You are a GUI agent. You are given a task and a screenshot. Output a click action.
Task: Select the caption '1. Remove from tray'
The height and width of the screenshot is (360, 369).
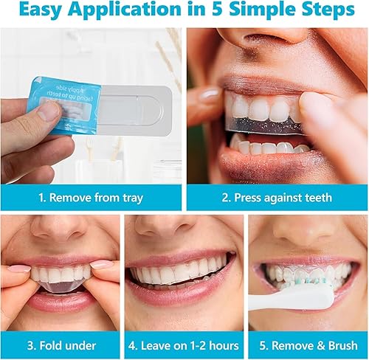coord(91,198)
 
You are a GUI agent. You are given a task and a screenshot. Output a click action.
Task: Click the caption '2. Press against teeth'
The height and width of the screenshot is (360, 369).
coord(277,198)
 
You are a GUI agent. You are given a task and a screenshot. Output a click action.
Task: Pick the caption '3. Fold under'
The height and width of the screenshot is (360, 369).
coord(61,345)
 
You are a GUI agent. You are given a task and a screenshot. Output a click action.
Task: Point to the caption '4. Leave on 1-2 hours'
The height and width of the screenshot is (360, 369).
coord(184,345)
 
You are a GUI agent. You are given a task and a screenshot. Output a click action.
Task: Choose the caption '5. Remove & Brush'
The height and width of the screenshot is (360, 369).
coord(307,345)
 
